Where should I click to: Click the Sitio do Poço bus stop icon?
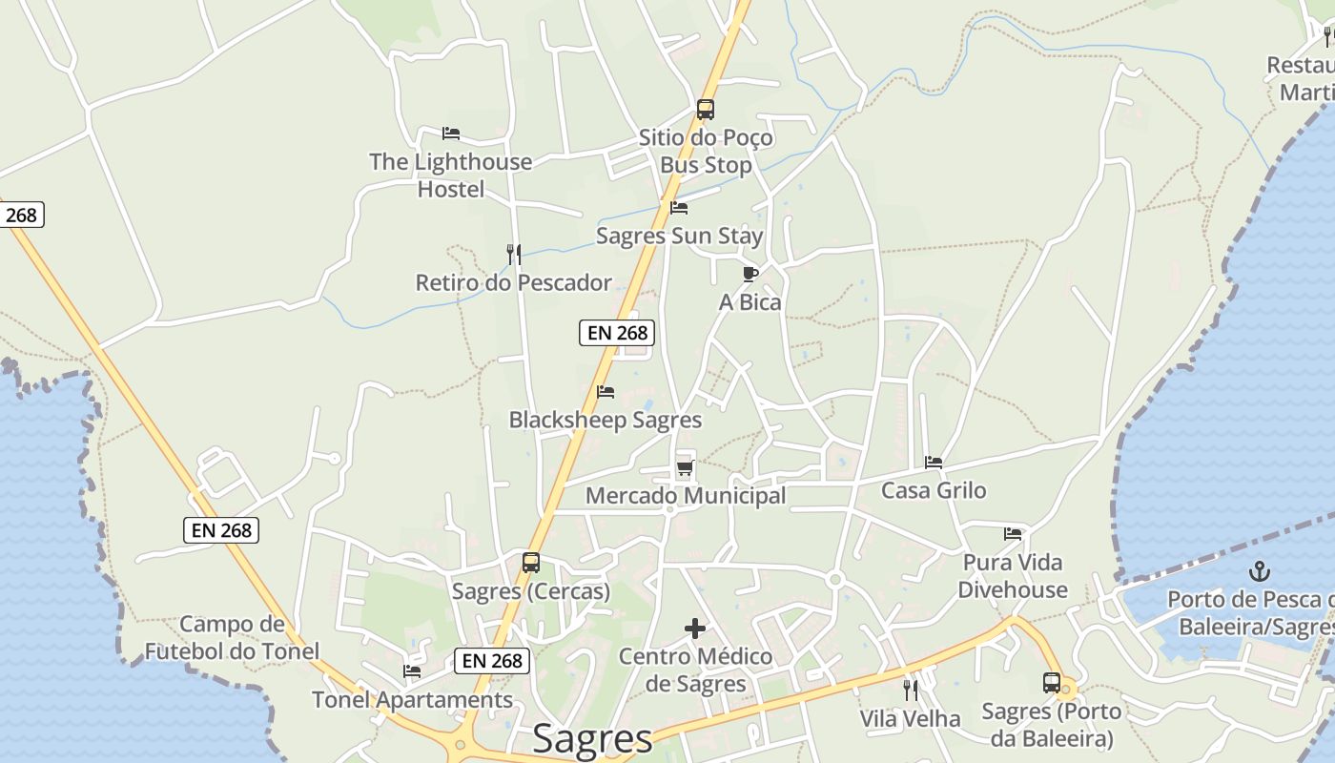pyautogui.click(x=706, y=110)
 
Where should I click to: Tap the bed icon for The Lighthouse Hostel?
pyautogui.click(x=451, y=134)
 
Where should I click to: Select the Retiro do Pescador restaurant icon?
pyautogui.click(x=513, y=254)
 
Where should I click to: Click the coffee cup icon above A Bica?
pyautogui.click(x=750, y=275)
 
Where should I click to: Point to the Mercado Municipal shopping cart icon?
pyautogui.click(x=685, y=467)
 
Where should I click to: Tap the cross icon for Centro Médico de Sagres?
pyautogui.click(x=696, y=629)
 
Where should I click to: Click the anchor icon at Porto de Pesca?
pyautogui.click(x=1261, y=571)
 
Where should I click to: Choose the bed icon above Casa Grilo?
pyautogui.click(x=934, y=463)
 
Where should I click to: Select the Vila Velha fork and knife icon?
pyautogui.click(x=911, y=690)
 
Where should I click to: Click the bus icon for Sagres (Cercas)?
pyautogui.click(x=531, y=563)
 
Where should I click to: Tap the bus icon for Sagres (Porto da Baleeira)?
pyautogui.click(x=1052, y=683)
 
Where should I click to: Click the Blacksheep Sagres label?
pyautogui.click(x=605, y=420)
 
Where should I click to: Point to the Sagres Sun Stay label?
pyautogui.click(x=679, y=236)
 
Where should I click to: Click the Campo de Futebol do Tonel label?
pyautogui.click(x=232, y=638)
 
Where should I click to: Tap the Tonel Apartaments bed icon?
pyautogui.click(x=412, y=671)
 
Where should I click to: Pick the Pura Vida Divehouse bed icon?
pyautogui.click(x=1013, y=534)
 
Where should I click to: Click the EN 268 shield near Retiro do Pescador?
pyautogui.click(x=618, y=333)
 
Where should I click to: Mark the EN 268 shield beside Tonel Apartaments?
pyautogui.click(x=491, y=660)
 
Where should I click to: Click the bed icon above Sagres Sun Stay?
pyautogui.click(x=679, y=207)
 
